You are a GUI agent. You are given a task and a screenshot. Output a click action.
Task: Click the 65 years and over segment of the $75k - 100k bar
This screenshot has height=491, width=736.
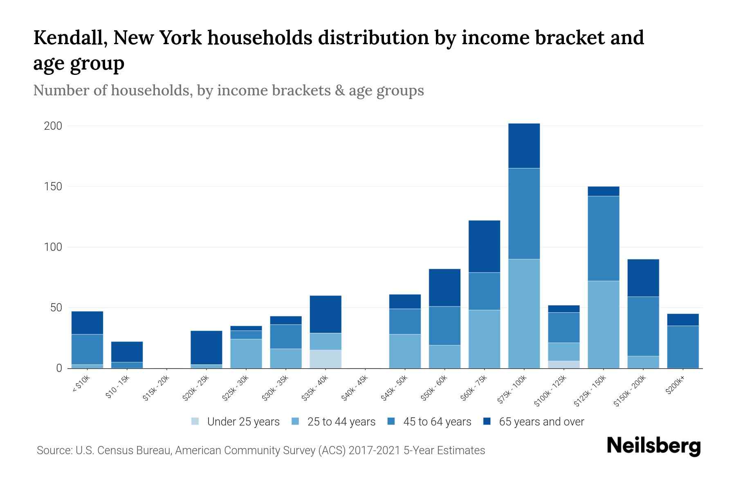[x=524, y=146]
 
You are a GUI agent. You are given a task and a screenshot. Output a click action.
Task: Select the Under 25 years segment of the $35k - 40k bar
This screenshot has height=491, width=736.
[x=325, y=359]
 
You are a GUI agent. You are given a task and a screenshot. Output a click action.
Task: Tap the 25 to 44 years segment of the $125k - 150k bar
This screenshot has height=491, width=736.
[x=603, y=324]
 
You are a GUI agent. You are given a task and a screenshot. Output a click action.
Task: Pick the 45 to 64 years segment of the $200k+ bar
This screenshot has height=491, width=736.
[x=682, y=347]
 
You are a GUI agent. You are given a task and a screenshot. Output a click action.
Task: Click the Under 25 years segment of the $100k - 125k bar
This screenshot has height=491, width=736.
[x=563, y=364]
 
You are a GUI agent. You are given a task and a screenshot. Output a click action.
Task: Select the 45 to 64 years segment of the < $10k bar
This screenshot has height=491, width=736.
[x=87, y=349]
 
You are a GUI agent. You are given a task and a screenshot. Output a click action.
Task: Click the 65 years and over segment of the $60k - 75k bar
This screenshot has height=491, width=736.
[x=484, y=246]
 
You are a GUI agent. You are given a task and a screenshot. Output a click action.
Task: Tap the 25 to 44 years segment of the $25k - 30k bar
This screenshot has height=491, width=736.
[x=246, y=354]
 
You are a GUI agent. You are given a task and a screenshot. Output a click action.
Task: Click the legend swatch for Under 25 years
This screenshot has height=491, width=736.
[x=195, y=421]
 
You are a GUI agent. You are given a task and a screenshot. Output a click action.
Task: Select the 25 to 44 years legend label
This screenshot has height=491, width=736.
[x=341, y=421]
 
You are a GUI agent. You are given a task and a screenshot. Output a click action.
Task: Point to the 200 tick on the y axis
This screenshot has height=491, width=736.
[x=53, y=126]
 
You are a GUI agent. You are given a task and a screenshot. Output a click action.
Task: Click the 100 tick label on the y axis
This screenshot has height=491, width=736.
[x=53, y=247]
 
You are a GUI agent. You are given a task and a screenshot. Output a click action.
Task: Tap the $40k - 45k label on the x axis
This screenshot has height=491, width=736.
[x=355, y=388]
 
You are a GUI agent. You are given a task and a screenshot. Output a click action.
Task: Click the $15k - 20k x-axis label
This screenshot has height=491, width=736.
[x=156, y=388]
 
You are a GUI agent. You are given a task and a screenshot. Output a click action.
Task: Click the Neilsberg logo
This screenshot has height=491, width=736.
[x=653, y=446]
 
